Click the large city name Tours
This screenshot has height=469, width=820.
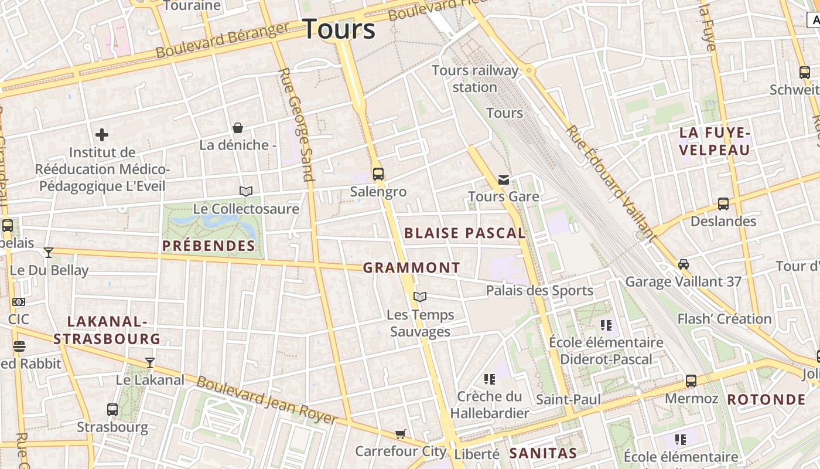click(x=339, y=29)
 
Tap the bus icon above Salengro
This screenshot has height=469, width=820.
click(x=378, y=174)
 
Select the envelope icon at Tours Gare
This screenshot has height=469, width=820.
click(x=504, y=179)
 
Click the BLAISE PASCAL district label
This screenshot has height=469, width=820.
click(x=464, y=233)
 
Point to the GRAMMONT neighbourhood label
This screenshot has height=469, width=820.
click(x=411, y=268)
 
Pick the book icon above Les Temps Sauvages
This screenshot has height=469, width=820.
click(x=420, y=297)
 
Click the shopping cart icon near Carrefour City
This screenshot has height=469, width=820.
click(x=400, y=434)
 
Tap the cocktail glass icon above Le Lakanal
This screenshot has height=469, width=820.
click(x=150, y=363)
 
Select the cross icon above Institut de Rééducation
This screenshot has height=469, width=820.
click(x=102, y=135)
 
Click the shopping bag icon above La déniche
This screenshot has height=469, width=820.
click(x=238, y=128)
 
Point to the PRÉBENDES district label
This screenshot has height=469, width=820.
click(x=209, y=246)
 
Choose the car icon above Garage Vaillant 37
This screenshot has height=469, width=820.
click(x=684, y=264)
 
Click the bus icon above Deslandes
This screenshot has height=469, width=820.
click(x=723, y=204)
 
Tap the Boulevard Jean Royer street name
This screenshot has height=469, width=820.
click(x=266, y=400)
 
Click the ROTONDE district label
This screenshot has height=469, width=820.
click(x=766, y=400)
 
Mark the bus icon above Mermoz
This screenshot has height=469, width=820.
click(x=691, y=381)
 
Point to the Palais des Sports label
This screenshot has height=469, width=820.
click(x=539, y=290)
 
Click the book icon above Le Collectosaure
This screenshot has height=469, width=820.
click(x=246, y=191)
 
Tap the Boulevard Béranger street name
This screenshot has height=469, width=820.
click(x=223, y=40)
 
